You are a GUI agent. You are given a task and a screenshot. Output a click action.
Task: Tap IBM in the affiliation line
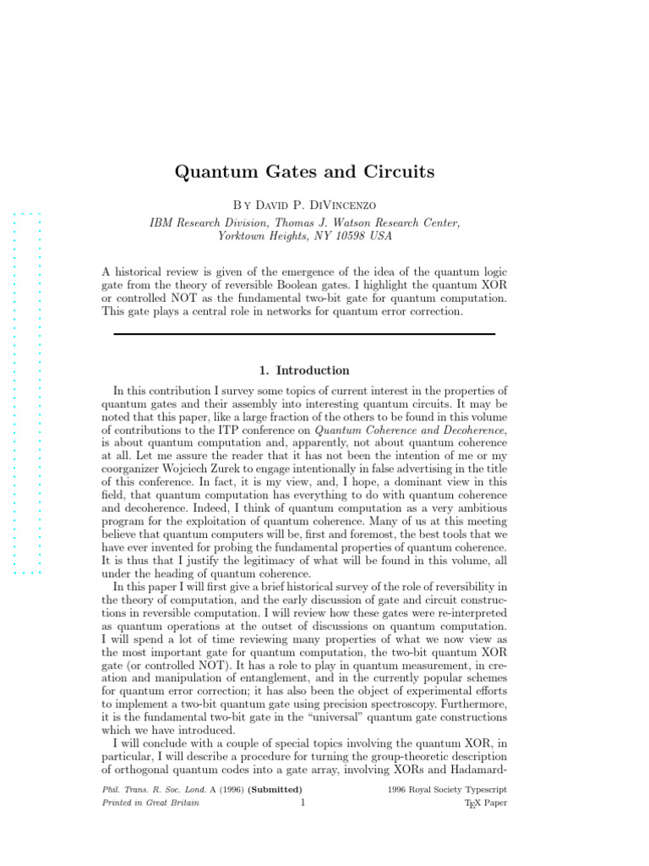point(163,222)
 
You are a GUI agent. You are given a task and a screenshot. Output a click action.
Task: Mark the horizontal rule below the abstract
point(304,334)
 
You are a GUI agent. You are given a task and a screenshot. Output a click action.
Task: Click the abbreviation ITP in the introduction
point(247,431)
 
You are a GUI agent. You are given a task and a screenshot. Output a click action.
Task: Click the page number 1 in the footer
point(302,803)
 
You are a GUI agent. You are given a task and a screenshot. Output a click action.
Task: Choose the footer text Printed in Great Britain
point(150,803)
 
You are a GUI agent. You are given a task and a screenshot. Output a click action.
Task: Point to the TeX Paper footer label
point(486,803)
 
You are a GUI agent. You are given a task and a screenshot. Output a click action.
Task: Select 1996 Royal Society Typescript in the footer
point(447,789)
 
